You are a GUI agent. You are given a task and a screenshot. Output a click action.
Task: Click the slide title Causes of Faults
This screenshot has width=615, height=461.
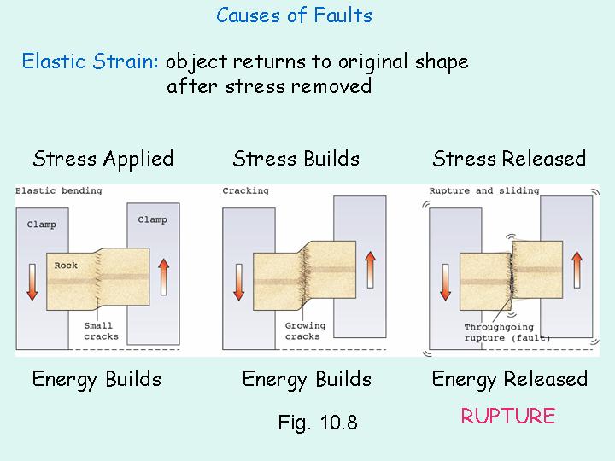[294, 15]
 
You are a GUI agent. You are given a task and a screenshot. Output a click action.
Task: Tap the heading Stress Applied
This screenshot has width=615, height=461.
[102, 159]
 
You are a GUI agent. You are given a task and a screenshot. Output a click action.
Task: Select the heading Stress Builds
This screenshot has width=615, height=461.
[296, 159]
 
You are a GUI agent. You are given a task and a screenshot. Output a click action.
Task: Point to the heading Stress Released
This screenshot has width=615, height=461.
[509, 159]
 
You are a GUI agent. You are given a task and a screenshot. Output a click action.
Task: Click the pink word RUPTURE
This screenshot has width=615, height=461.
[508, 416]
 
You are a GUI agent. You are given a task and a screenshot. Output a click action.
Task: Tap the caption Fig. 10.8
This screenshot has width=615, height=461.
[318, 423]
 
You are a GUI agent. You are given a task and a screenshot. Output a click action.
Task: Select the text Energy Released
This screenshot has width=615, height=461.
[509, 379]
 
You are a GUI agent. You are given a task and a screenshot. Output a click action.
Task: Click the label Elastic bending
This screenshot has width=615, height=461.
[59, 190]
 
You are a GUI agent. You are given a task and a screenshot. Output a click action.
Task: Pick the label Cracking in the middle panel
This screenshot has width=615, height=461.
[245, 190]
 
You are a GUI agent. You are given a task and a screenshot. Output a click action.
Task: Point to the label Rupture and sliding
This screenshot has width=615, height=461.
[484, 190]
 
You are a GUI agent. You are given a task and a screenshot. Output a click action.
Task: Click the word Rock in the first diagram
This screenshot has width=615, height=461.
[66, 266]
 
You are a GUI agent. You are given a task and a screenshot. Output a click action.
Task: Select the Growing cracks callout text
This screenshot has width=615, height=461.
[303, 331]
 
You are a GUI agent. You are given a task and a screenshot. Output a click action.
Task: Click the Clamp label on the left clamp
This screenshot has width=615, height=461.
[41, 225]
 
